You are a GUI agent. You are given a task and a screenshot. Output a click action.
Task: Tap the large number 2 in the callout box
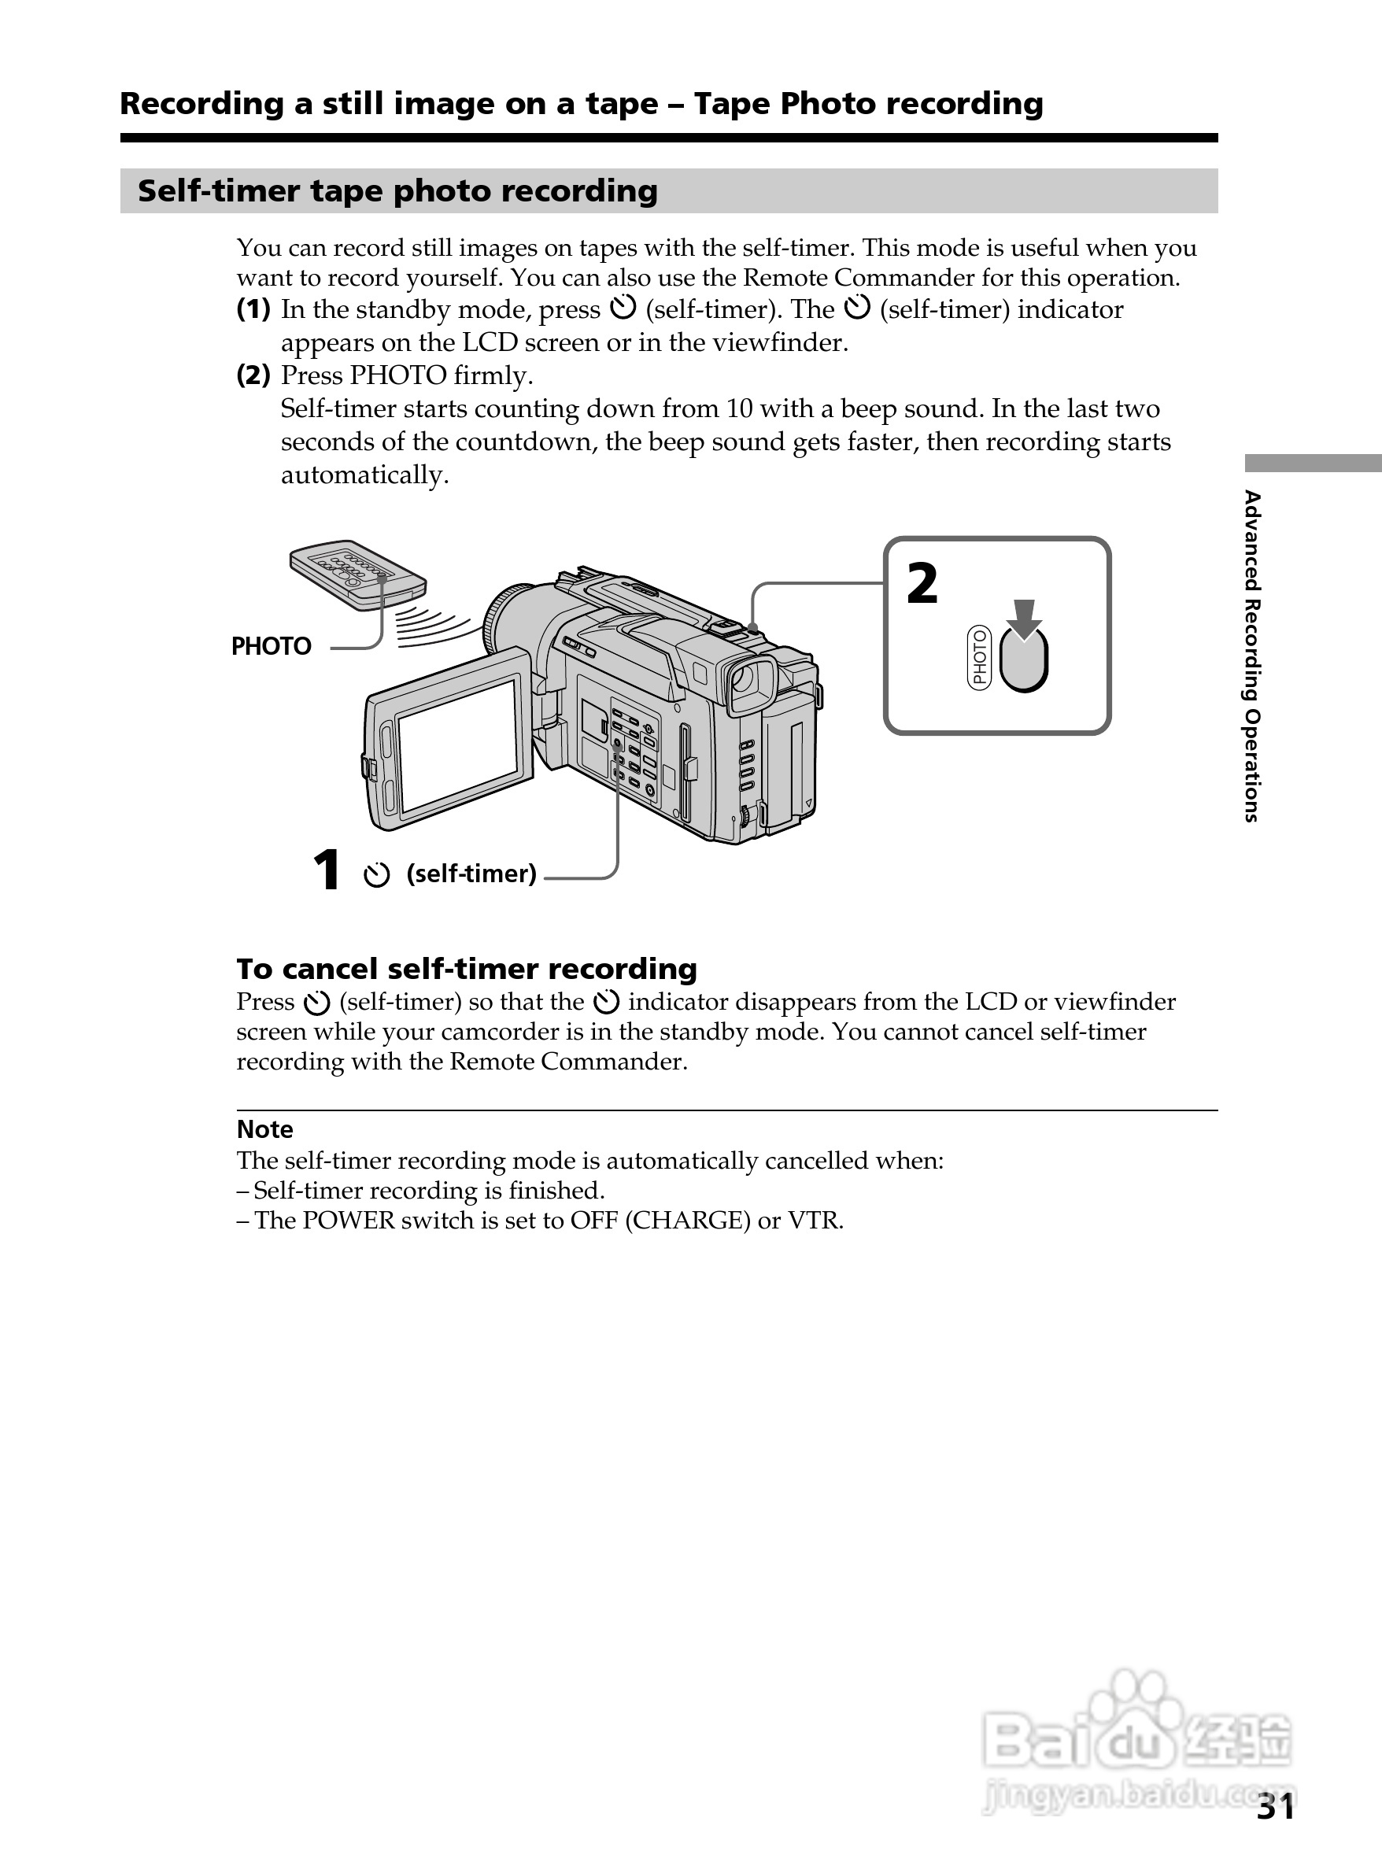click(922, 583)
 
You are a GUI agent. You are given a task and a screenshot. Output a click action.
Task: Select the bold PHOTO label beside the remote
click(271, 646)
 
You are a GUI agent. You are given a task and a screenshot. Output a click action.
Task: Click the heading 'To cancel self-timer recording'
click(466, 969)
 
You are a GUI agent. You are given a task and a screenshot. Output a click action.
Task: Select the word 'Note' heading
click(264, 1129)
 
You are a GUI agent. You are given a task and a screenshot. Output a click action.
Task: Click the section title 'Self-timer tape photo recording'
click(397, 190)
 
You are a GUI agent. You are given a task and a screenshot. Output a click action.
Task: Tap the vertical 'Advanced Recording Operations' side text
click(1251, 656)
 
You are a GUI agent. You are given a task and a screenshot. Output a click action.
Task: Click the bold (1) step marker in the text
click(253, 309)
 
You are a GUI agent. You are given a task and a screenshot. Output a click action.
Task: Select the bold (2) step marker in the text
click(253, 375)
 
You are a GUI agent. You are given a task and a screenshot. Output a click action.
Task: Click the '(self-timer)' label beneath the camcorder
click(471, 874)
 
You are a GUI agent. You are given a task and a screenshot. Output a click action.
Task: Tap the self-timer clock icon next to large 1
click(376, 875)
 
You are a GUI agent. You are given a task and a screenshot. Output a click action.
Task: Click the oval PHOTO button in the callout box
click(1024, 661)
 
